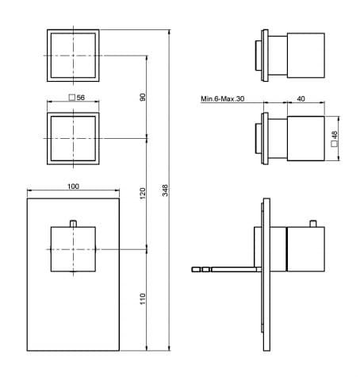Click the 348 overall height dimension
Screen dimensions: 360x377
[x=165, y=190]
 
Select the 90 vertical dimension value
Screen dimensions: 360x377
[x=143, y=97]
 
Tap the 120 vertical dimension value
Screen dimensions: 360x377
[x=143, y=194]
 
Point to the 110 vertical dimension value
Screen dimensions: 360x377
[x=143, y=298]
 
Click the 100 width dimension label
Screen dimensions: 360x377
[x=73, y=187]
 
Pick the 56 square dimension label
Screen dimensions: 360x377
[x=80, y=98]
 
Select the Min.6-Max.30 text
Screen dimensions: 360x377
[x=223, y=99]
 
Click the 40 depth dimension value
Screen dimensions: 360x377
[x=301, y=98]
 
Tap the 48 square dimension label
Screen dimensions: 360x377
[x=335, y=135]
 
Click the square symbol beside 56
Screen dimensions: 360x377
[x=71, y=98]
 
